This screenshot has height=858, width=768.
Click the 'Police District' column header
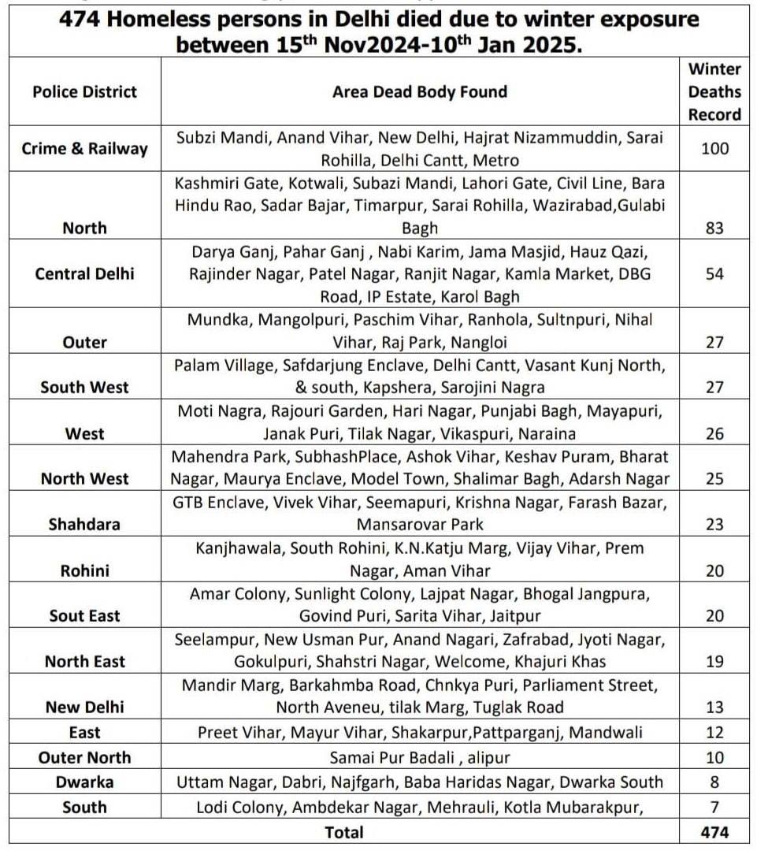pos(84,91)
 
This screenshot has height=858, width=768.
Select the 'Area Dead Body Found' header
pos(419,91)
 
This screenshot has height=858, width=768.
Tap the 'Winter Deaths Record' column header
pos(714,91)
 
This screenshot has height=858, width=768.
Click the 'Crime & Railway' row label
pos(84,148)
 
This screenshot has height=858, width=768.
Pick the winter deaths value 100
pos(714,148)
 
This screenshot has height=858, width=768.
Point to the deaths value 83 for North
pos(714,228)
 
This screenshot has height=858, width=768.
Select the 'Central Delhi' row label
pos(84,274)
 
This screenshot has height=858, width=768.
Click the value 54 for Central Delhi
pos(714,274)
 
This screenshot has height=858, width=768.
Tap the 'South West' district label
pos(84,388)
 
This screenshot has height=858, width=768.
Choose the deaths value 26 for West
pos(714,433)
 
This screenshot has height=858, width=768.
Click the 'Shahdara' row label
pos(84,524)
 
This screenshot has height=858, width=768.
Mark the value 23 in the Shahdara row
pos(714,524)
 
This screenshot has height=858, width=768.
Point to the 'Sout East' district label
pos(84,615)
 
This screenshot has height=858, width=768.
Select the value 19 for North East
pos(714,661)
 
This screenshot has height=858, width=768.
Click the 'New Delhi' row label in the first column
pos(84,707)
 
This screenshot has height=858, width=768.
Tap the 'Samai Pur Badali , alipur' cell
pos(419,757)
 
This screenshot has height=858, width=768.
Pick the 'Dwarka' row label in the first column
pos(84,782)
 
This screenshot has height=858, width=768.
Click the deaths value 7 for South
pos(714,807)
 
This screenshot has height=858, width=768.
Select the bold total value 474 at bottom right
pos(714,832)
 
